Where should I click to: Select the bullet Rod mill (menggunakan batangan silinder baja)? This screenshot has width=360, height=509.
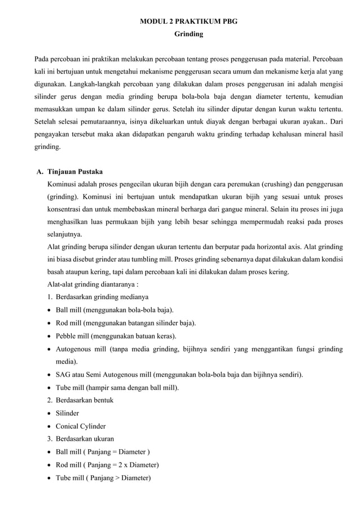point(125,323)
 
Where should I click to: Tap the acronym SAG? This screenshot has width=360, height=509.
point(63,374)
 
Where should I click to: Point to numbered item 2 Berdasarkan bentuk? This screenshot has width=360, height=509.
point(84,400)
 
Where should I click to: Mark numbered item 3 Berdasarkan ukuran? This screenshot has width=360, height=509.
point(84,438)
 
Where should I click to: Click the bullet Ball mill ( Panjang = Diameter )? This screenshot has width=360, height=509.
point(102,451)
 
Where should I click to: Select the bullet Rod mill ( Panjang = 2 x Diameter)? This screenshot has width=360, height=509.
point(107,464)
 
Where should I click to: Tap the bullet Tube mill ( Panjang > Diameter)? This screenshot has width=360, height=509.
point(103,477)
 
